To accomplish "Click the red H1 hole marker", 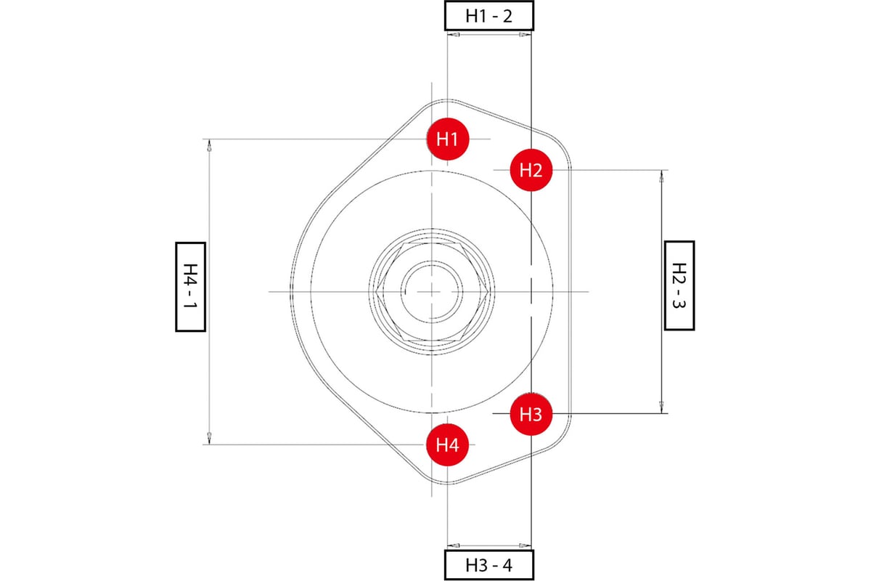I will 448,138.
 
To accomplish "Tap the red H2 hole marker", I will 531,170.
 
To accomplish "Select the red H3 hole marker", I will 531,414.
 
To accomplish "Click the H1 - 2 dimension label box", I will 488,15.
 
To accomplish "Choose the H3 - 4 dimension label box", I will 488,565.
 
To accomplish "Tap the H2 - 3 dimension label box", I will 679,285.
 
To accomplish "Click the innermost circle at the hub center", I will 431,290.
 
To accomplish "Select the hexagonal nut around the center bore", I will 385,290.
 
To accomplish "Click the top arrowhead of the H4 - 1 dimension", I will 209,146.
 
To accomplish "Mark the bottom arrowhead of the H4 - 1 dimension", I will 209,437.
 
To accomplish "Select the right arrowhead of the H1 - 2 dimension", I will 525,34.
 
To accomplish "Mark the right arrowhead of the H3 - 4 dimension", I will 525,544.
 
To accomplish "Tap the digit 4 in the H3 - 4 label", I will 507,565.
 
